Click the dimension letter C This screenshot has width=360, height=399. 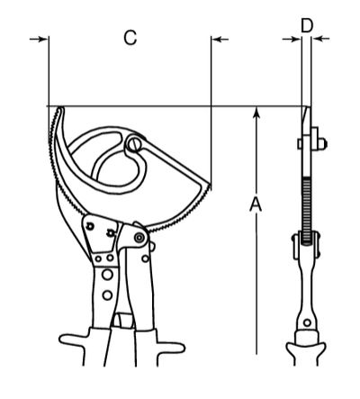tap(130, 38)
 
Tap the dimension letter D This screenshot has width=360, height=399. tap(307, 25)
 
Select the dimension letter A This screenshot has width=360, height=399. tap(256, 204)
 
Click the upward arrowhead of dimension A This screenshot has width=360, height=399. tap(256, 113)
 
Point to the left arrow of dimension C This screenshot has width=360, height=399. tap(39, 39)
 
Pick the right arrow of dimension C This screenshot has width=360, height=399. tap(220, 39)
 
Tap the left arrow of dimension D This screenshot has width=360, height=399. tap(292, 39)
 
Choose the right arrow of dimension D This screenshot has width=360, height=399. tap(320, 39)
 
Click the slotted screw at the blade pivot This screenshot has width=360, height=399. tap(135, 145)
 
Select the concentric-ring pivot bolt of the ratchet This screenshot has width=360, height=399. tap(139, 238)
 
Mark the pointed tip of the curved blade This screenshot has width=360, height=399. tap(60, 108)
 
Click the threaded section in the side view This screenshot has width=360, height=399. tap(306, 210)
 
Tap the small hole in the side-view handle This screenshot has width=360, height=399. tap(307, 323)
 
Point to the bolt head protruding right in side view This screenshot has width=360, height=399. tap(322, 144)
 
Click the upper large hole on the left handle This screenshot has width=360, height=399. tap(107, 275)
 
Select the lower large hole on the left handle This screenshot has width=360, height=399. tap(107, 295)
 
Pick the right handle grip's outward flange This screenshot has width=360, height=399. tap(170, 347)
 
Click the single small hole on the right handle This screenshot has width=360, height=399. tap(145, 258)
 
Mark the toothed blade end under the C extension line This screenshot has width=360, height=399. tap(208, 188)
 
